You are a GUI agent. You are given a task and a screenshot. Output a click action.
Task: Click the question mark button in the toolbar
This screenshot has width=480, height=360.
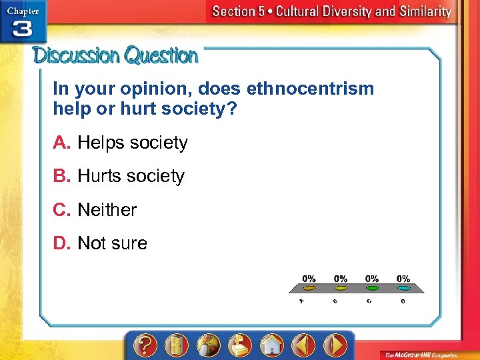point(145,346)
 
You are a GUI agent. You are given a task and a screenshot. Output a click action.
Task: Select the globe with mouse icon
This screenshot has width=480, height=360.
point(208,346)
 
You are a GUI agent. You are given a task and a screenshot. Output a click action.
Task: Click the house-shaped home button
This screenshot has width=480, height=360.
point(271,346)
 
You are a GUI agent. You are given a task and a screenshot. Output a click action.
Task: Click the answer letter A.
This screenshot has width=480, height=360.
point(61,143)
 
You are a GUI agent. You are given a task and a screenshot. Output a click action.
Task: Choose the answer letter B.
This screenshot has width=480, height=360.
point(61,176)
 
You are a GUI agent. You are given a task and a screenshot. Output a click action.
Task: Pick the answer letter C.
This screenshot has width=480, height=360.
point(61,210)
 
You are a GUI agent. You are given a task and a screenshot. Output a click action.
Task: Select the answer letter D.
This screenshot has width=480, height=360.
point(61,243)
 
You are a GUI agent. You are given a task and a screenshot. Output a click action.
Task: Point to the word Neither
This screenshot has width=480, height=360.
point(107,210)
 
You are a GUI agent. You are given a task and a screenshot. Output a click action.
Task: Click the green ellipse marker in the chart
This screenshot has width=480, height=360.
point(372,289)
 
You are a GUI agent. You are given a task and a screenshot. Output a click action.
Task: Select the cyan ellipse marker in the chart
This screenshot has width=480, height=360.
point(403,289)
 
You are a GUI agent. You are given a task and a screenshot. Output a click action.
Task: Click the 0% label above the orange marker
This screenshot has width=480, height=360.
point(309,278)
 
